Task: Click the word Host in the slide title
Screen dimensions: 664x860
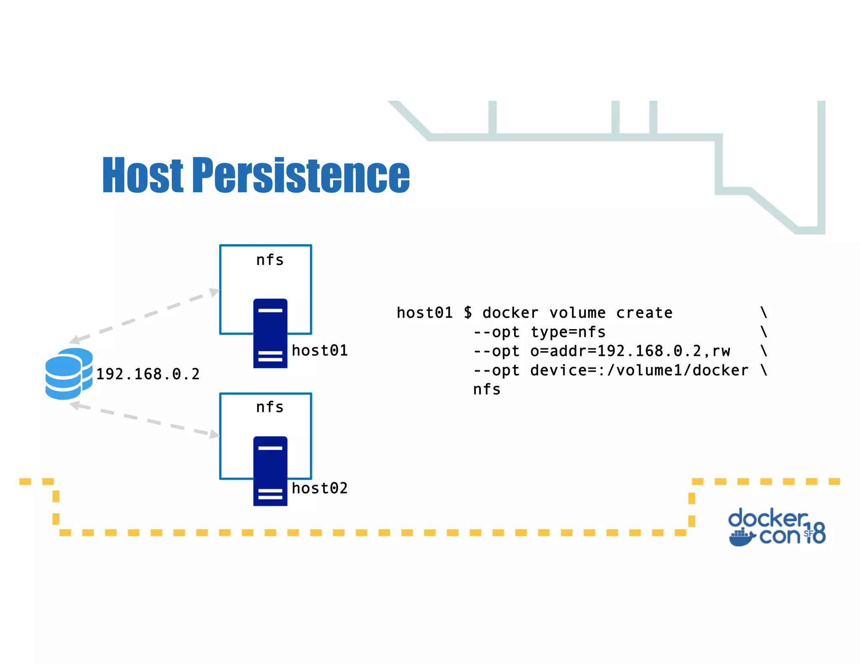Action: (x=143, y=175)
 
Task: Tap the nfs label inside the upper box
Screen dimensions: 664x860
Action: (x=270, y=260)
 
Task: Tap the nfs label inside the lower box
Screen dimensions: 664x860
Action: (x=270, y=407)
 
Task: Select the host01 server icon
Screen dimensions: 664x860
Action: (x=270, y=333)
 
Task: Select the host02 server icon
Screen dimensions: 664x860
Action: (x=270, y=471)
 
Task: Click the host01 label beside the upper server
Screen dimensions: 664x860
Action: (x=320, y=350)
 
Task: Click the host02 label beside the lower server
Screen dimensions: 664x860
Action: (x=320, y=488)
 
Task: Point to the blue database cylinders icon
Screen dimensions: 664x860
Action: (x=68, y=374)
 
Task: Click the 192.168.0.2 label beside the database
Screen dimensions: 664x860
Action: (x=148, y=374)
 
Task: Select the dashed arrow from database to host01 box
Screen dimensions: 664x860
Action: (x=145, y=314)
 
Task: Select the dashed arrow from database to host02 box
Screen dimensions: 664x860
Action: (x=145, y=420)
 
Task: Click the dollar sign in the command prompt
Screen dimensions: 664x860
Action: (x=468, y=313)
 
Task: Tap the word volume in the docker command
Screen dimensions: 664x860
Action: (x=577, y=313)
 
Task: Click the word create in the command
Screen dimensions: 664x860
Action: (x=644, y=313)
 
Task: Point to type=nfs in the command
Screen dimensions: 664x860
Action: (x=568, y=332)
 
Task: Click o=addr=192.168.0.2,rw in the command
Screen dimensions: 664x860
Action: (x=630, y=351)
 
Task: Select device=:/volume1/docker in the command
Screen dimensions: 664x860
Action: (x=639, y=370)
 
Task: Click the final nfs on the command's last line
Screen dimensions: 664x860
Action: (x=487, y=390)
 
